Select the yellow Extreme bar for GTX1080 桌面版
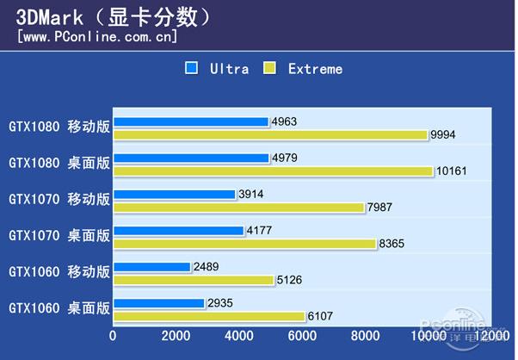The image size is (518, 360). pyautogui.click(x=273, y=171)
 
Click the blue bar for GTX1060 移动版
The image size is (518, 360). pyautogui.click(x=152, y=267)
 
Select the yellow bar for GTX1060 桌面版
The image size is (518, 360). pyautogui.click(x=209, y=316)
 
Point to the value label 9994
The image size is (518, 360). pyautogui.click(x=445, y=134)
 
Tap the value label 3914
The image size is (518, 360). pyautogui.click(x=252, y=195)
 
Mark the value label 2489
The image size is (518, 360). pyautogui.click(x=207, y=267)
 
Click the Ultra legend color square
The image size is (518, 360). pyautogui.click(x=191, y=68)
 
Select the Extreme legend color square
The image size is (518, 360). pyautogui.click(x=269, y=68)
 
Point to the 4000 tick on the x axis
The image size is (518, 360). pyautogui.click(x=239, y=335)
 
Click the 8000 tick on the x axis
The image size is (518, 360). pyautogui.click(x=365, y=335)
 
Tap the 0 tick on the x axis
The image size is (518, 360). pyautogui.click(x=114, y=335)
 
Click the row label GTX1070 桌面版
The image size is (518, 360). pyautogui.click(x=59, y=234)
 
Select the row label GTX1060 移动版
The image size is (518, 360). pyautogui.click(x=59, y=271)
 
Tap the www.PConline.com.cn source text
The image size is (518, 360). pyautogui.click(x=97, y=37)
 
